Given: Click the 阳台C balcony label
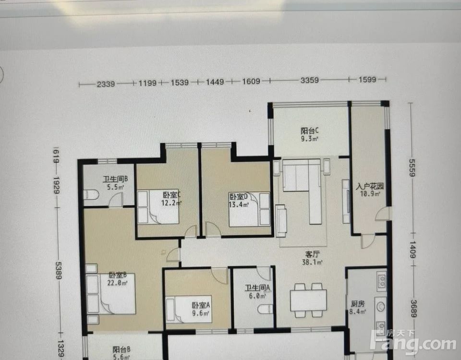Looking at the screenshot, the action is (x=309, y=131).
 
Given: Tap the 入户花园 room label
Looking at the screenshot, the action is (x=370, y=186).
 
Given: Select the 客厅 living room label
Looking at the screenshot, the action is (x=312, y=254).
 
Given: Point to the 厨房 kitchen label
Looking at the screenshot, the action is (x=357, y=303).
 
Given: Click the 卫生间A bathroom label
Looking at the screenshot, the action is (x=257, y=288).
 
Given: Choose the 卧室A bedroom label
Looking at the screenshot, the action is (x=201, y=305).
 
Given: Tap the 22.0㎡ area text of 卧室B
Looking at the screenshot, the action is (x=117, y=283).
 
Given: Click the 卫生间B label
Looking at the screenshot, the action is (x=115, y=179).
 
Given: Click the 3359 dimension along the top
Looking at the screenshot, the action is (x=309, y=80).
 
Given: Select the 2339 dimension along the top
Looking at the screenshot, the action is (x=106, y=84).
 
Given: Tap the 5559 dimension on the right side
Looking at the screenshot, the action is (x=412, y=168).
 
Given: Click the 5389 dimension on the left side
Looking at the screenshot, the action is (x=58, y=270).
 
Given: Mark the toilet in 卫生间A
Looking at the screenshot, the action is (x=266, y=309).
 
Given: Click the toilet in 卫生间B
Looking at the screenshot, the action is (x=91, y=194).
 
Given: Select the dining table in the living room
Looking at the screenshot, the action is (x=308, y=300).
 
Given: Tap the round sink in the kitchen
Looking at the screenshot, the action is (x=381, y=307).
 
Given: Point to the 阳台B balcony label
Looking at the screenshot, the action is (x=121, y=349).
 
